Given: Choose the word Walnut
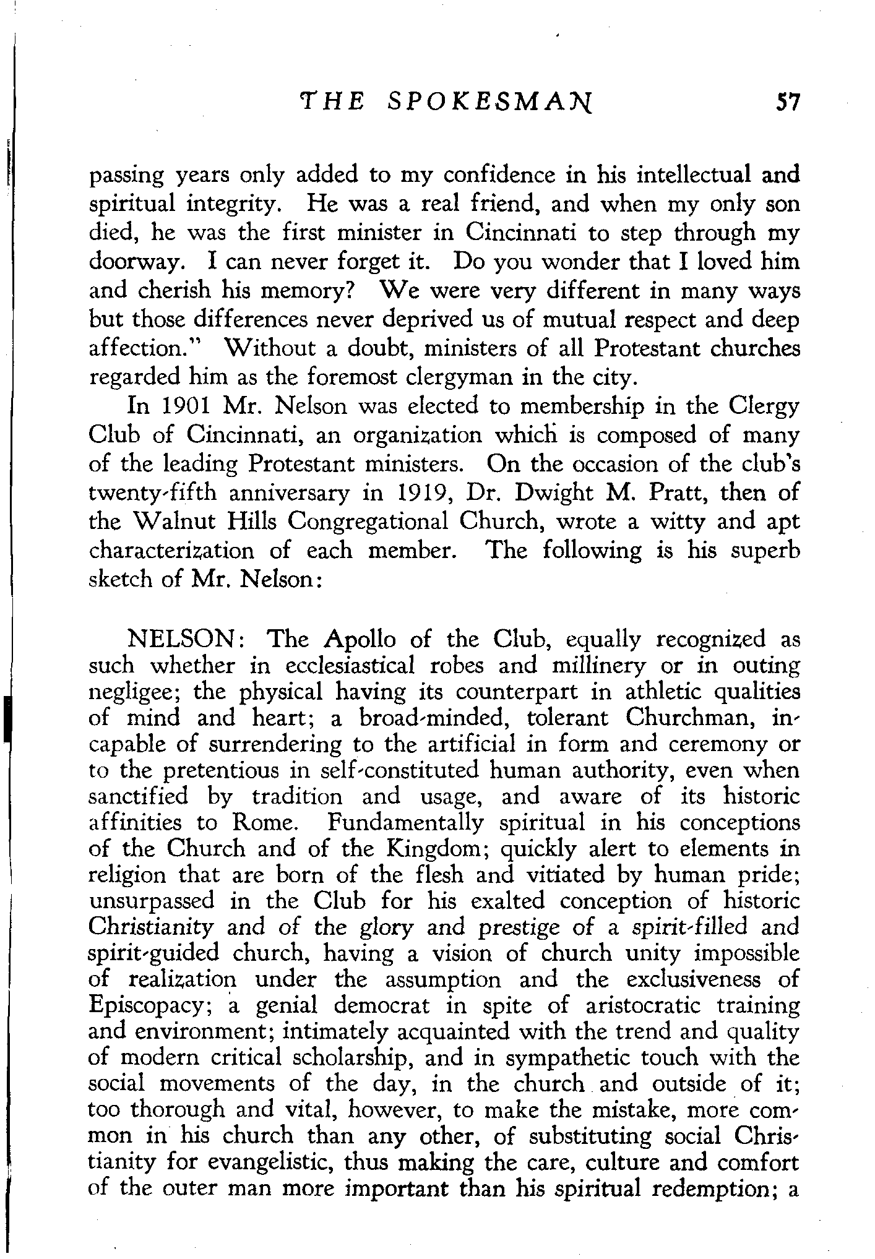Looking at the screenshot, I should pyautogui.click(x=176, y=522).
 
